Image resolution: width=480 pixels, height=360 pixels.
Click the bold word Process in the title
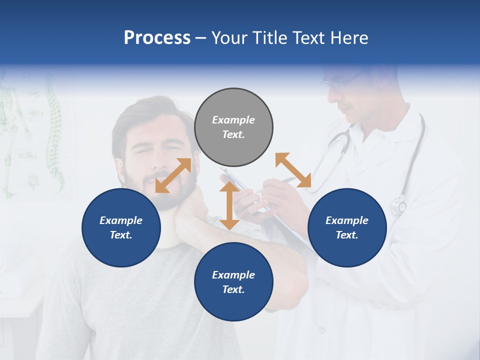(x=157, y=38)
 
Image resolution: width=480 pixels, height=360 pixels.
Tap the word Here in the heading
(x=349, y=38)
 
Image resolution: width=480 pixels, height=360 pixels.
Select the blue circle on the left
(x=121, y=227)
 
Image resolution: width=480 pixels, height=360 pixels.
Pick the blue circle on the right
(x=347, y=227)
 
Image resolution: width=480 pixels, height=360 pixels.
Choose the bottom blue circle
(x=233, y=282)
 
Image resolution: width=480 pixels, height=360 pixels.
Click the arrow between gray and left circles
(x=173, y=175)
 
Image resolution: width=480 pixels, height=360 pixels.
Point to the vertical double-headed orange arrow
(x=229, y=205)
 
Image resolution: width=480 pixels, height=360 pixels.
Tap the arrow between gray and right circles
(x=293, y=170)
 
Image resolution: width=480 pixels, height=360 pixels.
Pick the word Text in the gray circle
(x=233, y=134)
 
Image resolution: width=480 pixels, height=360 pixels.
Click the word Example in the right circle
(x=347, y=220)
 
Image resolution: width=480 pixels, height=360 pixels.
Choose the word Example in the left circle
(x=121, y=220)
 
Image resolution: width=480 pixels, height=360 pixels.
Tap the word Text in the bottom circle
(x=233, y=289)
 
